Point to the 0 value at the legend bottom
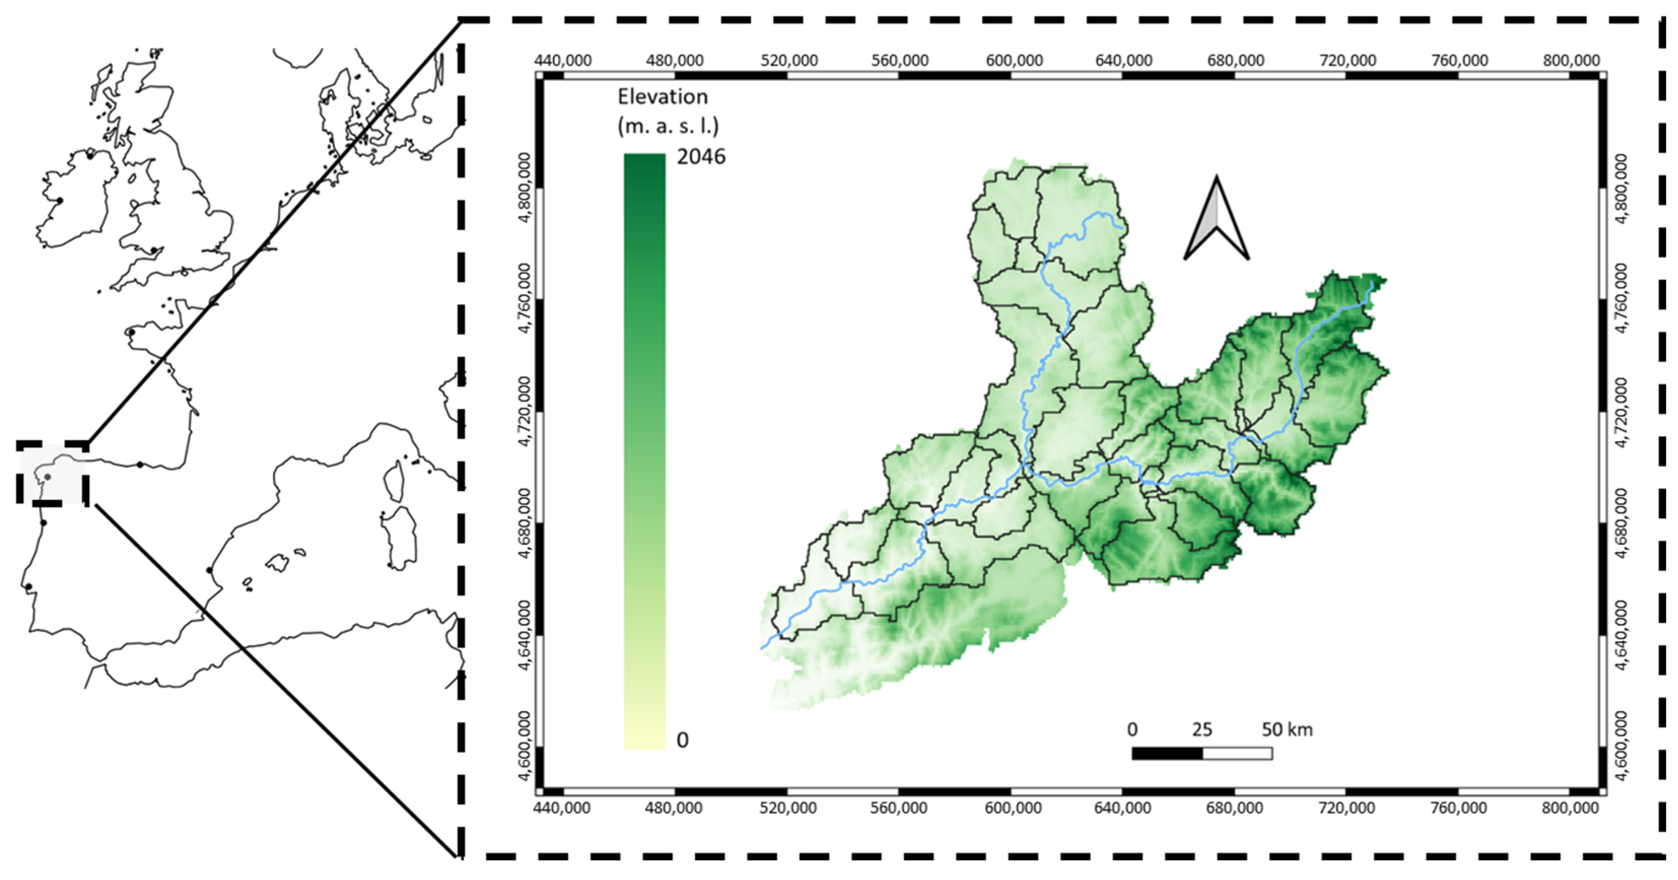click(682, 740)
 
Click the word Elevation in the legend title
click(662, 97)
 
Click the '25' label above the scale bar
click(1202, 729)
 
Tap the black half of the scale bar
click(1167, 753)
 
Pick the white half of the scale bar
click(1237, 753)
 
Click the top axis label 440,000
click(563, 60)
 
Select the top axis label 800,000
click(1570, 60)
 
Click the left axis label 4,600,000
click(523, 746)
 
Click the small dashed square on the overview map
click(52, 473)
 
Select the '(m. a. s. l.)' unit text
click(668, 125)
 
